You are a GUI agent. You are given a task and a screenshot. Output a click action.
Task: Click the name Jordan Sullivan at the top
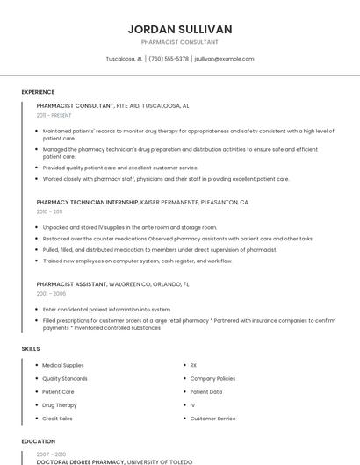179,29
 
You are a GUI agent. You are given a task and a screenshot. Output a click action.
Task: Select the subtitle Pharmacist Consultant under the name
179,42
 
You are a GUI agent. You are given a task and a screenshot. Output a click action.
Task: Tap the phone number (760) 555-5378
169,59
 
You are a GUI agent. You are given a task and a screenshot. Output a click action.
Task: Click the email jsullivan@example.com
224,59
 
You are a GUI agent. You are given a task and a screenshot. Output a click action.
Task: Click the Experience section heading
38,92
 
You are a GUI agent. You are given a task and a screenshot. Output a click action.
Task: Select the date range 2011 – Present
54,115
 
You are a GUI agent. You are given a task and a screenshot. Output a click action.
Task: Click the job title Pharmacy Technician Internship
87,202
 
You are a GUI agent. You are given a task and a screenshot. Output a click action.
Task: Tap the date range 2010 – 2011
49,211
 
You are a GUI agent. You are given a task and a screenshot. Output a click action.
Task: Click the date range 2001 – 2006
50,294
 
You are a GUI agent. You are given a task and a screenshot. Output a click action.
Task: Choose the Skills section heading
31,349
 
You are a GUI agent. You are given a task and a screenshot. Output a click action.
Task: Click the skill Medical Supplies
63,365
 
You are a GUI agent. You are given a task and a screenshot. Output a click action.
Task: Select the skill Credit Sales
59,418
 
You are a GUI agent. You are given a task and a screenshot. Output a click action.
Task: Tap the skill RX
193,365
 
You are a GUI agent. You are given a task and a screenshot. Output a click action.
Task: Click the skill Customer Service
212,418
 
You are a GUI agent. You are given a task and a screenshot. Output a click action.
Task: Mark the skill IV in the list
192,405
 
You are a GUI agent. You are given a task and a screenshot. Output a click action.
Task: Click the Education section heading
38,441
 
